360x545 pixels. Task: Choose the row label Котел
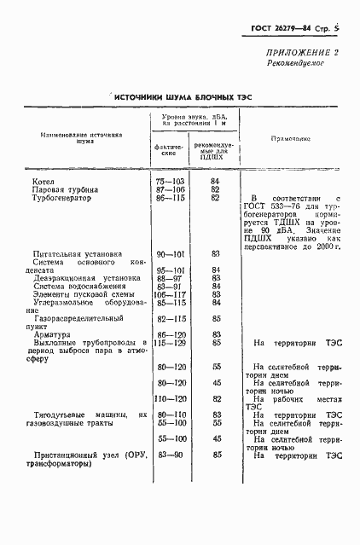click(43, 182)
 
